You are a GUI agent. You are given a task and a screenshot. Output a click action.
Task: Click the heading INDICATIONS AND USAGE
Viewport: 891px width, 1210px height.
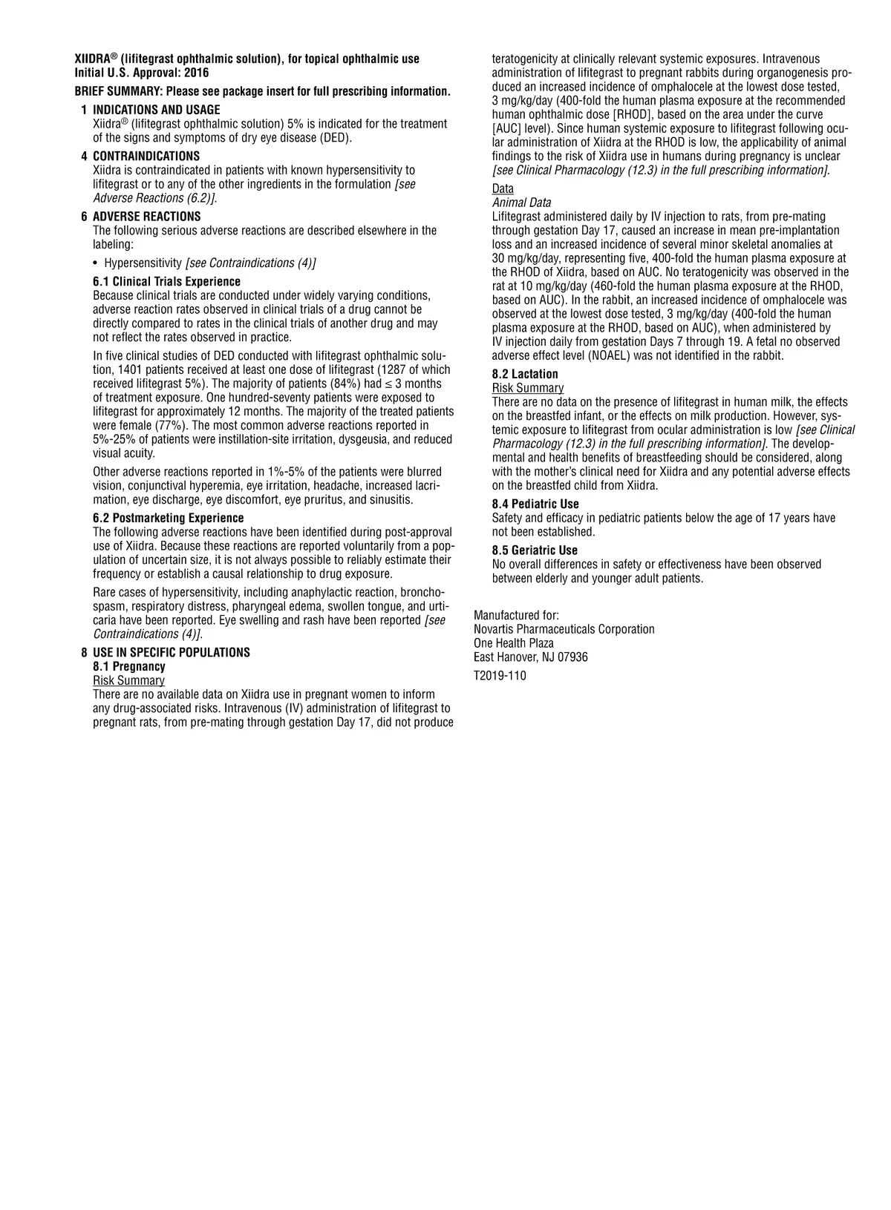[156, 110]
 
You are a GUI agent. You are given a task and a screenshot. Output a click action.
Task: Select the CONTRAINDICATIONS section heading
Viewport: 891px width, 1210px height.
[146, 156]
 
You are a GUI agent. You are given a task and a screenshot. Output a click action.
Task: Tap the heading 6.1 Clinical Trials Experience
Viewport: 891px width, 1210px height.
[166, 281]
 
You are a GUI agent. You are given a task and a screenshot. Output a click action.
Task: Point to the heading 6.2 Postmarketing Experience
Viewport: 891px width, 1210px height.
[168, 518]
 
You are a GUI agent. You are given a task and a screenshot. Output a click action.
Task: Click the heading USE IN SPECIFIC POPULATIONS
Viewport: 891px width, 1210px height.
[171, 652]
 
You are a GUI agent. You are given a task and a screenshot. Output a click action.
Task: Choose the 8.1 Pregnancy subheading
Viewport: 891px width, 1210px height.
[128, 666]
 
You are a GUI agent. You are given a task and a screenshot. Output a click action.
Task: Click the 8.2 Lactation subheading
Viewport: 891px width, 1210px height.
[525, 374]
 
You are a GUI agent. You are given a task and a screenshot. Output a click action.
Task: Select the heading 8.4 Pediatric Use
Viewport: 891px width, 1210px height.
[535, 504]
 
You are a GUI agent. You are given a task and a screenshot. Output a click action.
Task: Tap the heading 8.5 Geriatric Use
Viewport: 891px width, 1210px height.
[535, 550]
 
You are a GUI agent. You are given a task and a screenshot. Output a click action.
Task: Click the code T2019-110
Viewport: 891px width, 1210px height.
[500, 675]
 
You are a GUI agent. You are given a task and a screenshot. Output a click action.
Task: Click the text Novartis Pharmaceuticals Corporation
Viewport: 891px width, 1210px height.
[564, 629]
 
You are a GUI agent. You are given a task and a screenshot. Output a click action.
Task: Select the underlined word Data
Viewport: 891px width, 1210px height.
[503, 188]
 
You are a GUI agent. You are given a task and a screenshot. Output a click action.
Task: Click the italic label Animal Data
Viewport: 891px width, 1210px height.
[521, 203]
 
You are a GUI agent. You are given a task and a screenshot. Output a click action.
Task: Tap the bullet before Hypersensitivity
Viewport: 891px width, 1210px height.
[97, 263]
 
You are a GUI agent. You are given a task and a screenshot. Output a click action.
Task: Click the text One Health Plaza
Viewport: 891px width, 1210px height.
[514, 643]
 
